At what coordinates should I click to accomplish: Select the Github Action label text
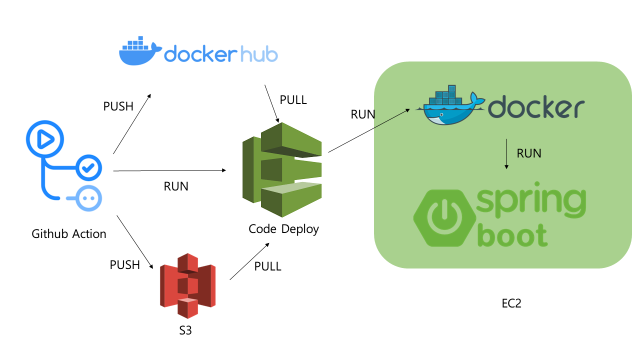tap(69, 233)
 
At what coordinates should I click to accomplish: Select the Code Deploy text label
tap(283, 229)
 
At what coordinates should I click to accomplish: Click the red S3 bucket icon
tap(187, 285)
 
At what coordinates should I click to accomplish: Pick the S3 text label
tap(185, 330)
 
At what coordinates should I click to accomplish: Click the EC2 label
tap(511, 303)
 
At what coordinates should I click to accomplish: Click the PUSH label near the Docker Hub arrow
tap(118, 106)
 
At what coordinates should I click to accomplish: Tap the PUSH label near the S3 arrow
tap(125, 265)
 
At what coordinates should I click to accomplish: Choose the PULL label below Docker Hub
tap(293, 100)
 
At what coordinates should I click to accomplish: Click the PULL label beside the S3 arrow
tap(268, 266)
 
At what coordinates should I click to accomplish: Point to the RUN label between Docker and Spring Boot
tap(529, 153)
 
